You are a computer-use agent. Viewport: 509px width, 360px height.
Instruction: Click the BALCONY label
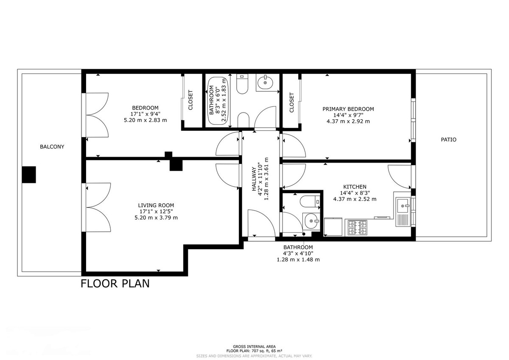point(52,147)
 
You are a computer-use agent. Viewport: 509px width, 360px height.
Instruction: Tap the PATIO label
point(449,140)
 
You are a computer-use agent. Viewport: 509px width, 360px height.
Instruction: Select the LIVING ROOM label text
point(156,205)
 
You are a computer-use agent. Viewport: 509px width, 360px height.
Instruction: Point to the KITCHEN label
point(355,187)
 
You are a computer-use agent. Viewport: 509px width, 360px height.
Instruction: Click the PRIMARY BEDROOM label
point(348,109)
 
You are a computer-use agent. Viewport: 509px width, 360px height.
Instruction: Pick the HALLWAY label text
point(254,179)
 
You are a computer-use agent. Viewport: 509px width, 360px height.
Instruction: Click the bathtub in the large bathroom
point(218,101)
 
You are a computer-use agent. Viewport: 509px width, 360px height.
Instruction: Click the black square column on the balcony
point(29,174)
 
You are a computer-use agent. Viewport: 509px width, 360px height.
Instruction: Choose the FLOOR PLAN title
point(115,284)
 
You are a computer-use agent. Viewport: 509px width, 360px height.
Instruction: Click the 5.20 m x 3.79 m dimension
point(156,218)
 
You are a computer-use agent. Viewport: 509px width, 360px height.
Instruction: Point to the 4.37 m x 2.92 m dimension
point(348,121)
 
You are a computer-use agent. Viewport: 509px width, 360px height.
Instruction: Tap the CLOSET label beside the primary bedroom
point(292,102)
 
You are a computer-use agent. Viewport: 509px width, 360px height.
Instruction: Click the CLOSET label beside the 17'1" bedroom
point(190,100)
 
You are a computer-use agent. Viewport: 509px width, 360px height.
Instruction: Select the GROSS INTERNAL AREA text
point(254,346)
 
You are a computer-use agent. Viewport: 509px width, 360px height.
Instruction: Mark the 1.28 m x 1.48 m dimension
point(298,259)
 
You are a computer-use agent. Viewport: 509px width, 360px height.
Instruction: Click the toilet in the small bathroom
point(310,202)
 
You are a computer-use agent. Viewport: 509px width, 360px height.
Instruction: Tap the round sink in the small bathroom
point(311,221)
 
